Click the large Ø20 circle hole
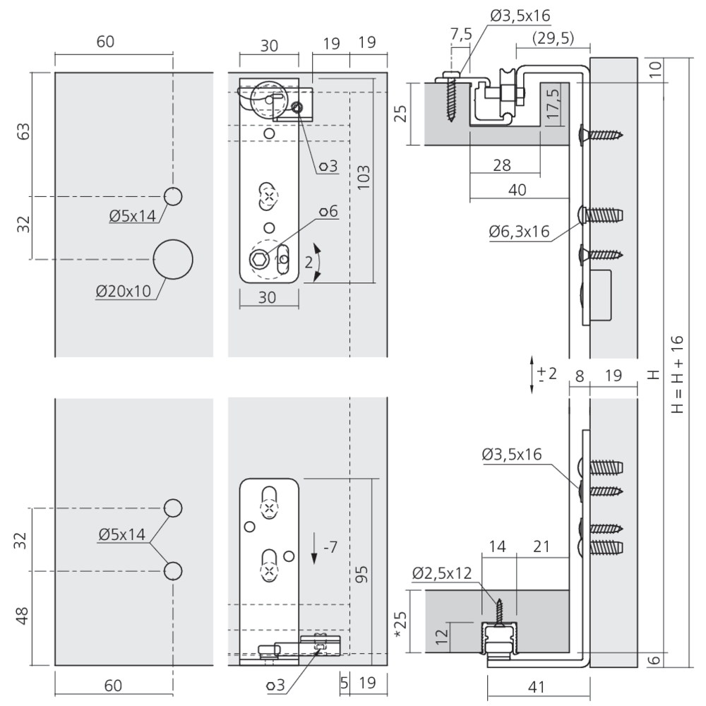[173, 259]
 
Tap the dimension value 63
[23, 132]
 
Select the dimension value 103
[364, 180]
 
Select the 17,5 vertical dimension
[554, 103]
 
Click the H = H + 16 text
[677, 374]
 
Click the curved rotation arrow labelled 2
[316, 263]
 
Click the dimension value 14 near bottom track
[497, 546]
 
